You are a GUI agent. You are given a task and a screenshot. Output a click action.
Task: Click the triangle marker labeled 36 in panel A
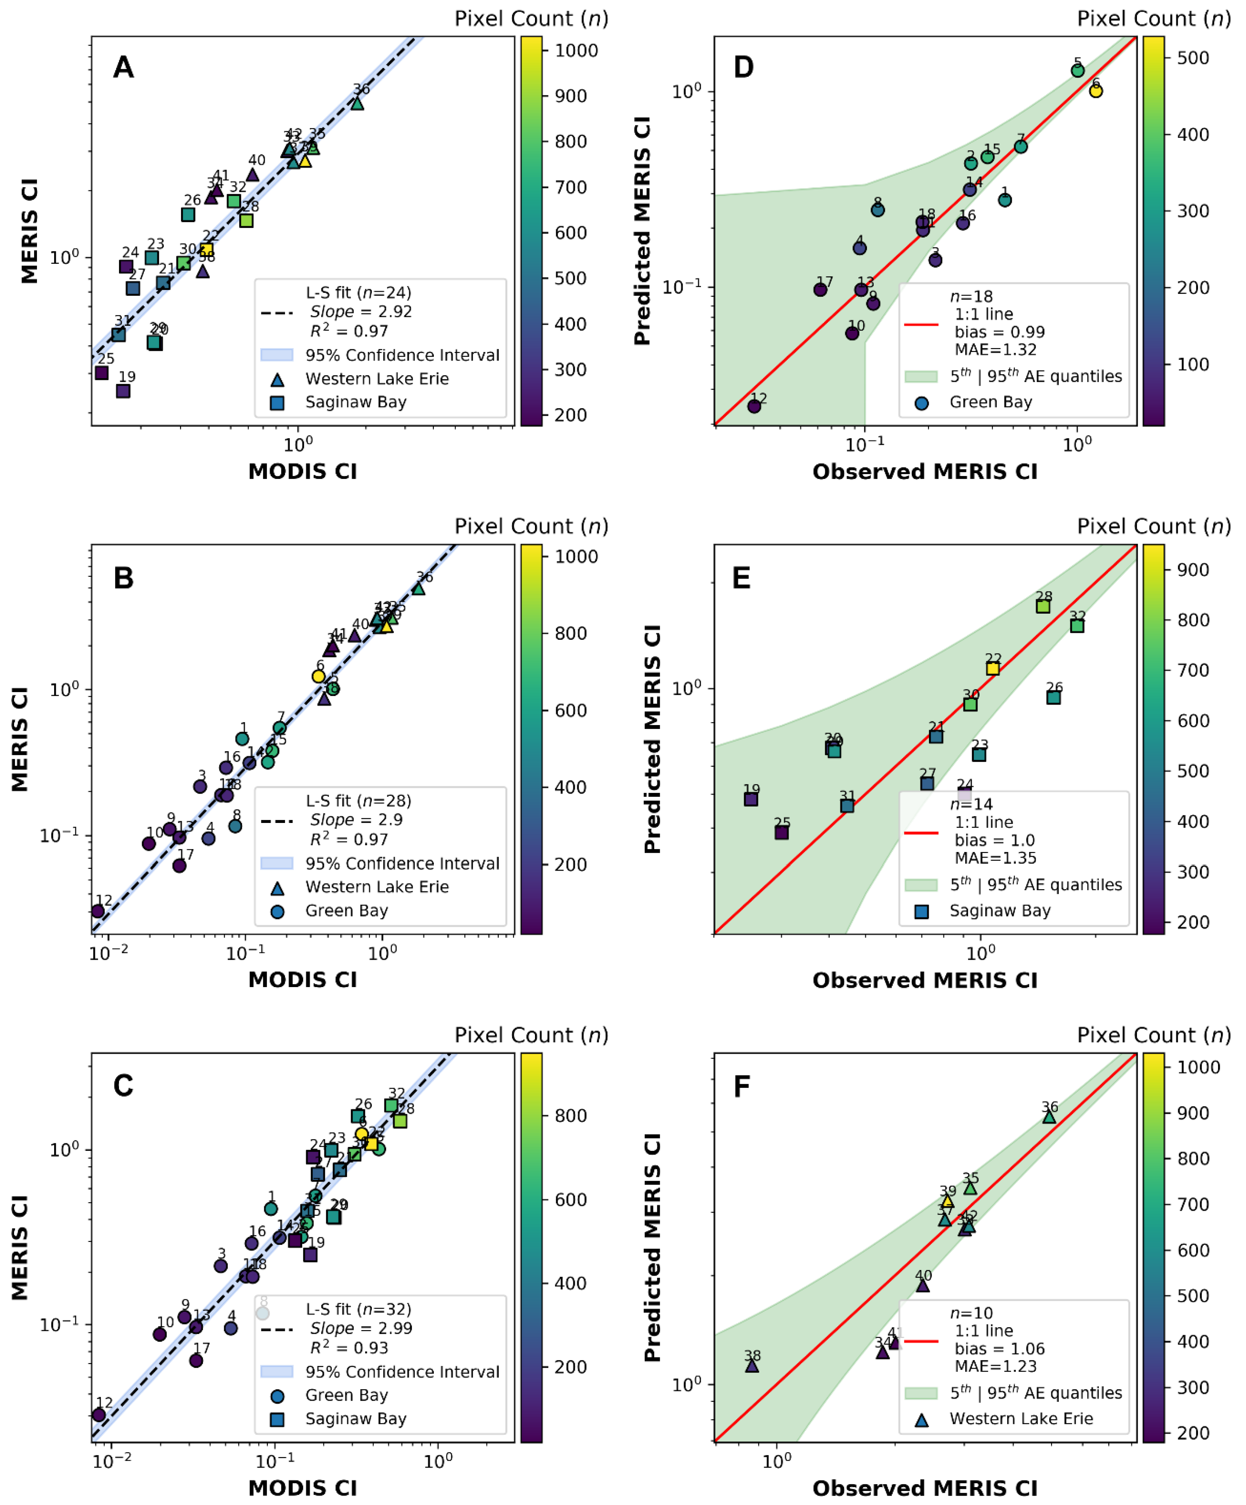(x=357, y=103)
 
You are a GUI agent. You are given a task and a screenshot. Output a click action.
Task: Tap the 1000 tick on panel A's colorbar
(x=576, y=50)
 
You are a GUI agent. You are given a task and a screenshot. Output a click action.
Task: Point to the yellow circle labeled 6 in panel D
(x=1095, y=91)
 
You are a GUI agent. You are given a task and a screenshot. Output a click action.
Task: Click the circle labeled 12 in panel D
(x=754, y=406)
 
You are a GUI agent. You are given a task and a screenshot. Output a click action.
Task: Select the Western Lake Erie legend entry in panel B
(x=376, y=887)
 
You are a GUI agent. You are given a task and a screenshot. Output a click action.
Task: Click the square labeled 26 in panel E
(x=1053, y=697)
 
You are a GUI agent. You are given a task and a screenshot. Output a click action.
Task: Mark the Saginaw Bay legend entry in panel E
(x=999, y=911)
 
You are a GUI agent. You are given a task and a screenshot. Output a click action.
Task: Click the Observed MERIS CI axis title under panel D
(x=925, y=472)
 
